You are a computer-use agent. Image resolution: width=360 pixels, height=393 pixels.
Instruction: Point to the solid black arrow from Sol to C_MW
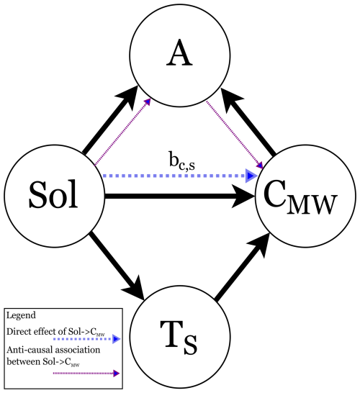(x=180, y=195)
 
